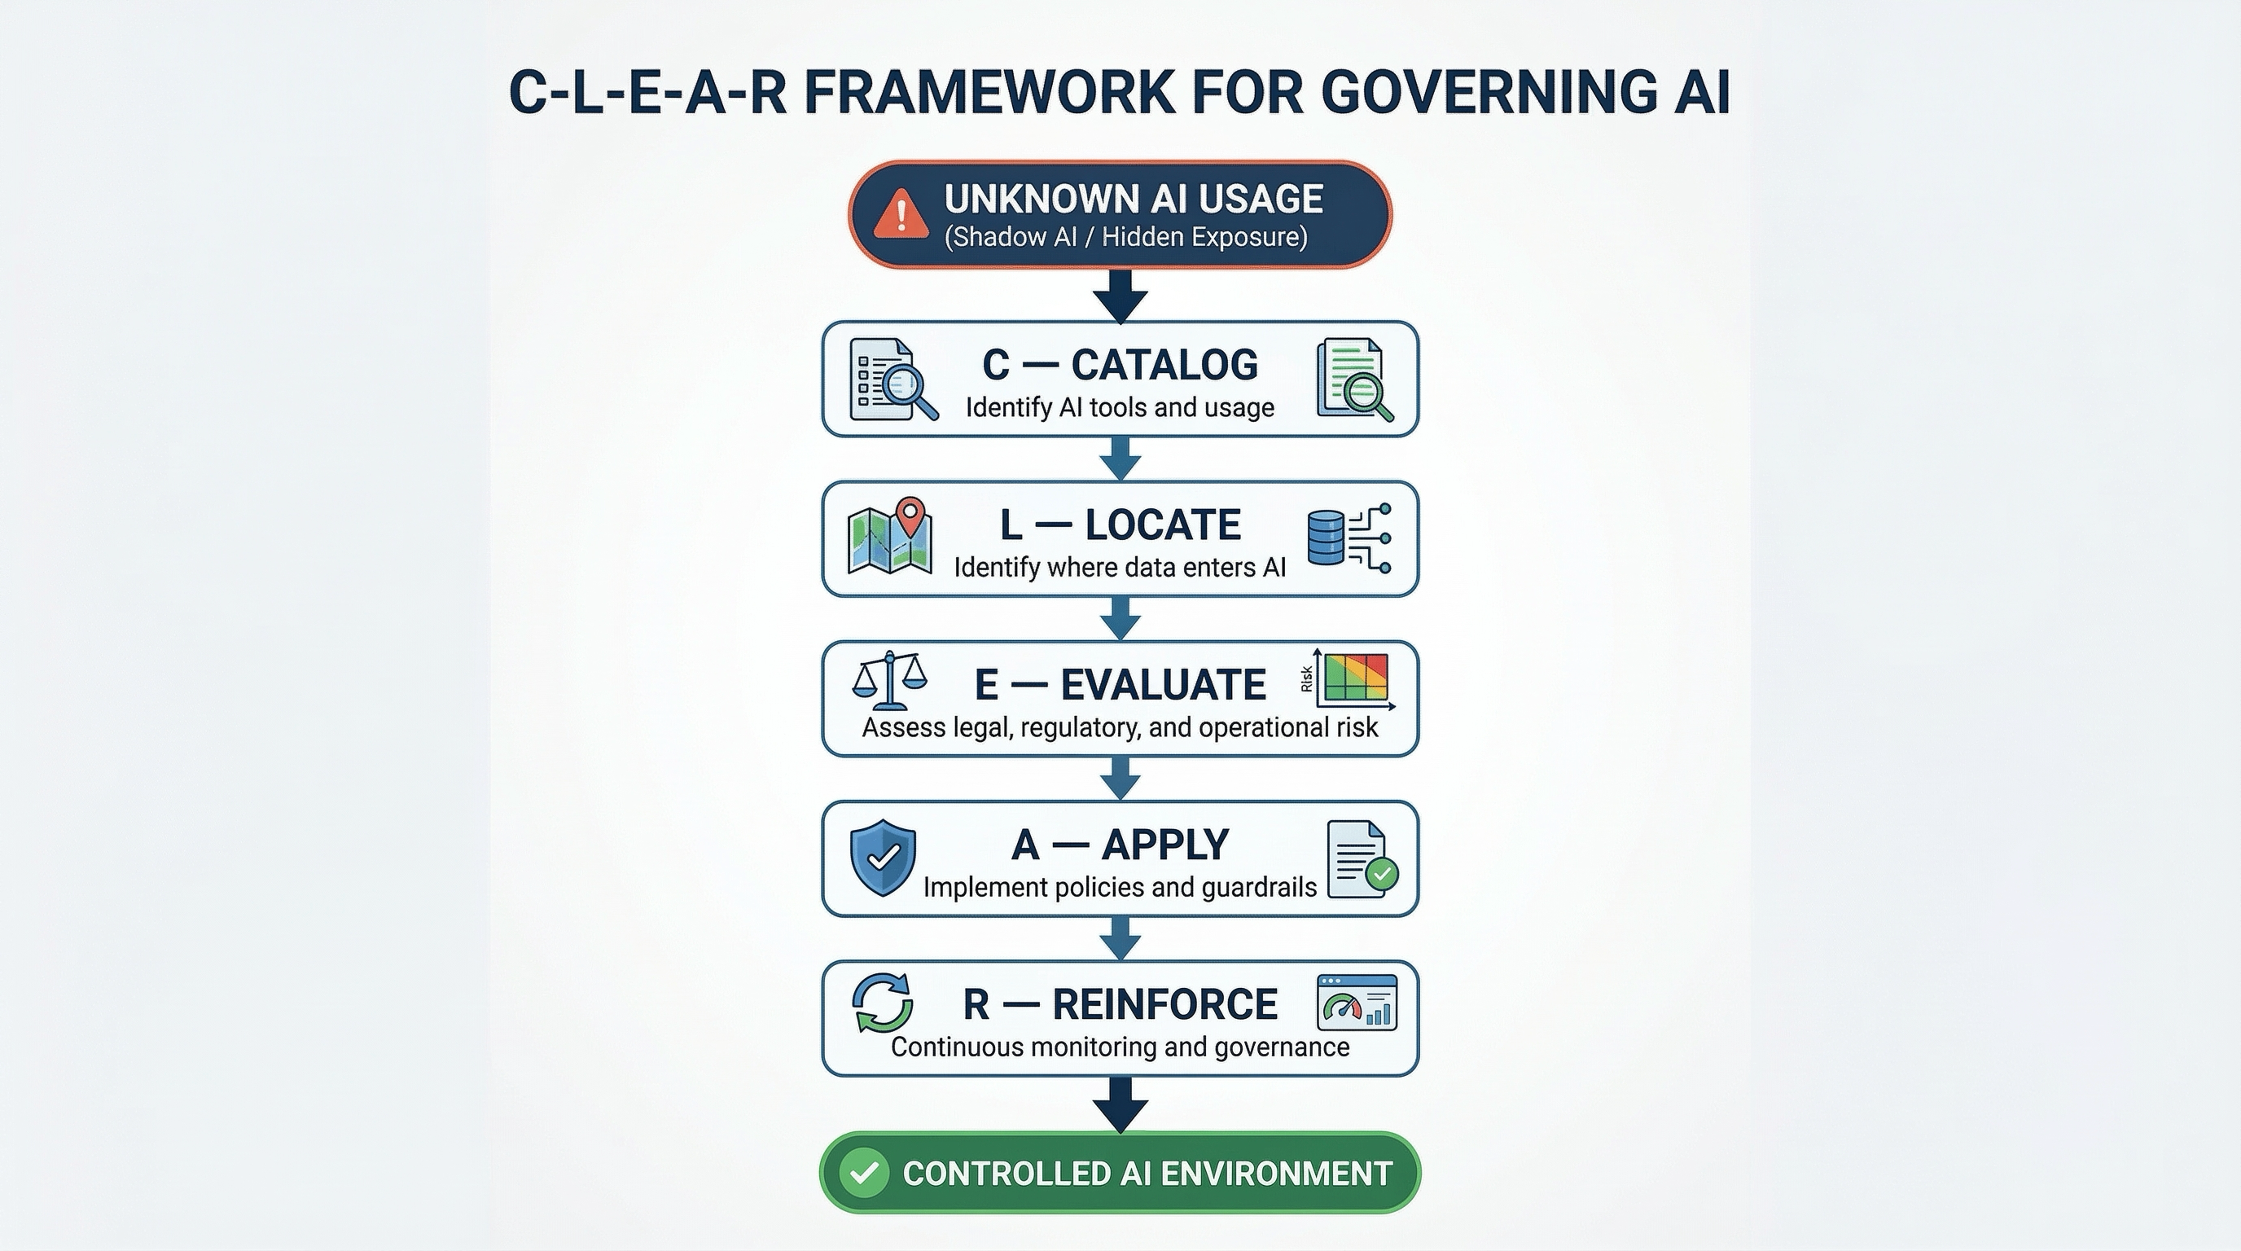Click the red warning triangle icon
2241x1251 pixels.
(x=901, y=213)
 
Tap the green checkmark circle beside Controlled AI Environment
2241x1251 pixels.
(x=864, y=1173)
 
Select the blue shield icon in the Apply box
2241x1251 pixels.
(x=882, y=857)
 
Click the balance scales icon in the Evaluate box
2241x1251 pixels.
(x=889, y=681)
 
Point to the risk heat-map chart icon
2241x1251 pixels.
(x=1351, y=679)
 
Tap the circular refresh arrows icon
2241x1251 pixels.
(x=882, y=1003)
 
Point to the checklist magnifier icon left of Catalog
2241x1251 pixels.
(x=892, y=380)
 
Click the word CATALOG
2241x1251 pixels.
(x=1164, y=365)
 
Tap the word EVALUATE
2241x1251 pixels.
(x=1163, y=685)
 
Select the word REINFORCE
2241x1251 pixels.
(x=1164, y=1005)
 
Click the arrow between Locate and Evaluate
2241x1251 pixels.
(x=1120, y=618)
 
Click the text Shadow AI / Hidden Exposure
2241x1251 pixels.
(x=1125, y=238)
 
